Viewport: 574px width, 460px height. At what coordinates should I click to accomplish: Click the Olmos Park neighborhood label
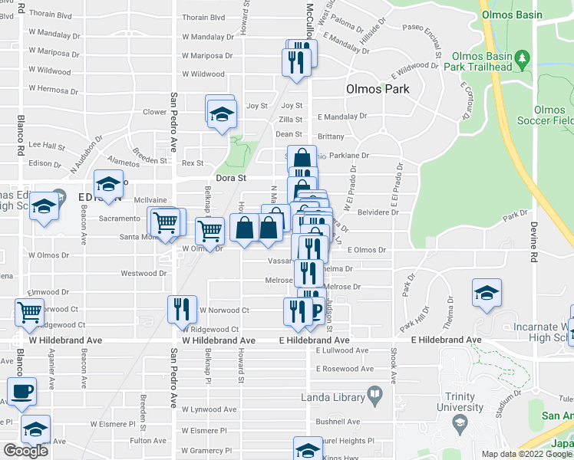pyautogui.click(x=378, y=89)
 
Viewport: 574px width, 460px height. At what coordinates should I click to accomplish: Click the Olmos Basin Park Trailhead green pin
pyautogui.click(x=523, y=58)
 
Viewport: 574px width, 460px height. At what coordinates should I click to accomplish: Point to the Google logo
pyautogui.click(x=26, y=450)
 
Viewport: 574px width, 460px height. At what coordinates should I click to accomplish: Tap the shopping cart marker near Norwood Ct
pyautogui.click(x=28, y=312)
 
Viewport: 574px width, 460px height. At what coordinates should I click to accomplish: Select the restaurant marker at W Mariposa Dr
pyautogui.click(x=296, y=60)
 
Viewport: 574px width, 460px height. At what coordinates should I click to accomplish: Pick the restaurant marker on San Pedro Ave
pyautogui.click(x=182, y=309)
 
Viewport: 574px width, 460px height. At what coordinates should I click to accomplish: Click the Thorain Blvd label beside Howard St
pyautogui.click(x=203, y=17)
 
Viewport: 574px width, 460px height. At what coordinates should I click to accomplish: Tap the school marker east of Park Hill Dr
pyautogui.click(x=486, y=294)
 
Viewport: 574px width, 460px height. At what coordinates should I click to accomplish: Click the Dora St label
pyautogui.click(x=231, y=178)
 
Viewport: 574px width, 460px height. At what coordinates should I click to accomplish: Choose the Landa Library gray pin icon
pyautogui.click(x=374, y=395)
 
